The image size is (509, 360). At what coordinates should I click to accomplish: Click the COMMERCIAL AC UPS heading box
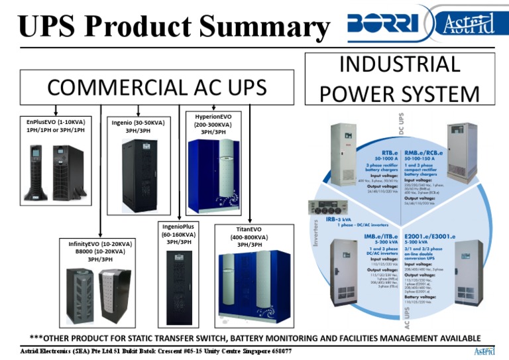pyautogui.click(x=156, y=87)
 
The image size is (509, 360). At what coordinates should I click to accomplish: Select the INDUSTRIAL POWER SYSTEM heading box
pyautogui.click(x=400, y=80)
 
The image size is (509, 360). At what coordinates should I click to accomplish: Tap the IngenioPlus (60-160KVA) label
pyautogui.click(x=180, y=235)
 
